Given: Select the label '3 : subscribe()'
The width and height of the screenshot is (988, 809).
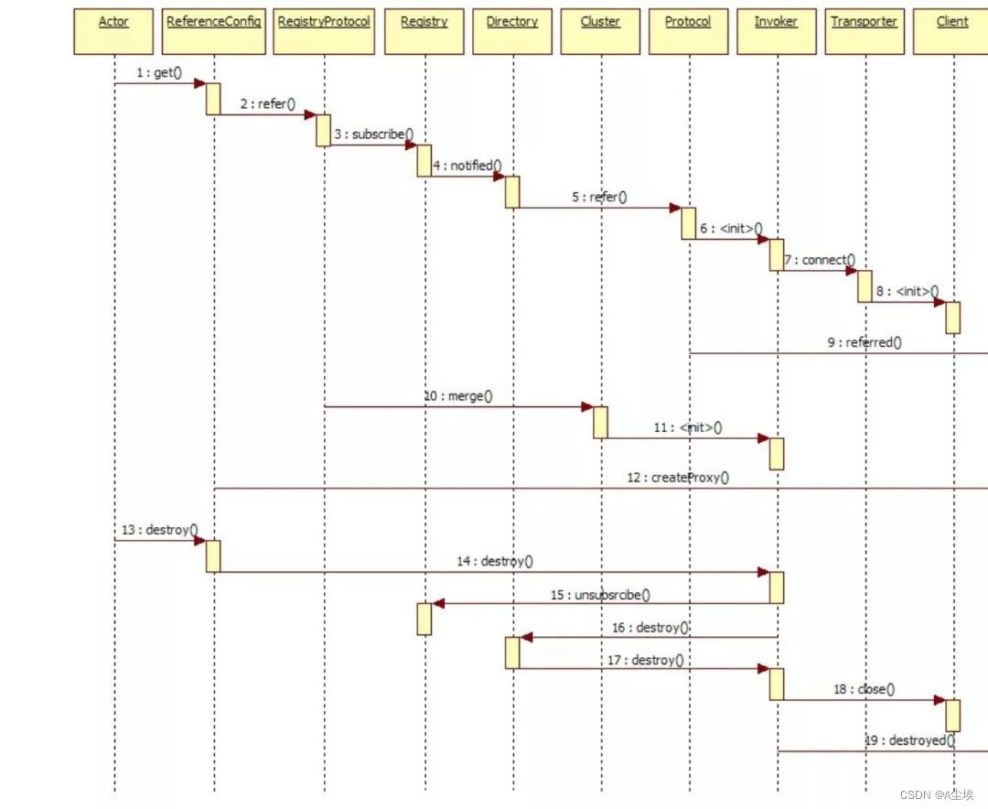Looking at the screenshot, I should point(373,135).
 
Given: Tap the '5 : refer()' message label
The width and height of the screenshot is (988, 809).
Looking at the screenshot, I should point(599,197).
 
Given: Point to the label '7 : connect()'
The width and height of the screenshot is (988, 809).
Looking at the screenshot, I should point(820,260).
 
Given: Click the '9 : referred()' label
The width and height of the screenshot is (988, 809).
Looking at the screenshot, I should point(864,342).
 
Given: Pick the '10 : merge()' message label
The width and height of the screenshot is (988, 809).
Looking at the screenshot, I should point(457,396).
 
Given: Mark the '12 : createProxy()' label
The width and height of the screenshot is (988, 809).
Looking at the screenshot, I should point(677,478).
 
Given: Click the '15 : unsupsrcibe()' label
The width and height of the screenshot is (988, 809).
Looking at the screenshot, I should point(600,595).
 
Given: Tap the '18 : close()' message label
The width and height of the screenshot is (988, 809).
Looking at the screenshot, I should point(864,689).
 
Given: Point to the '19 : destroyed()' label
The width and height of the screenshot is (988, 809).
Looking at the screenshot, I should point(910,740).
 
